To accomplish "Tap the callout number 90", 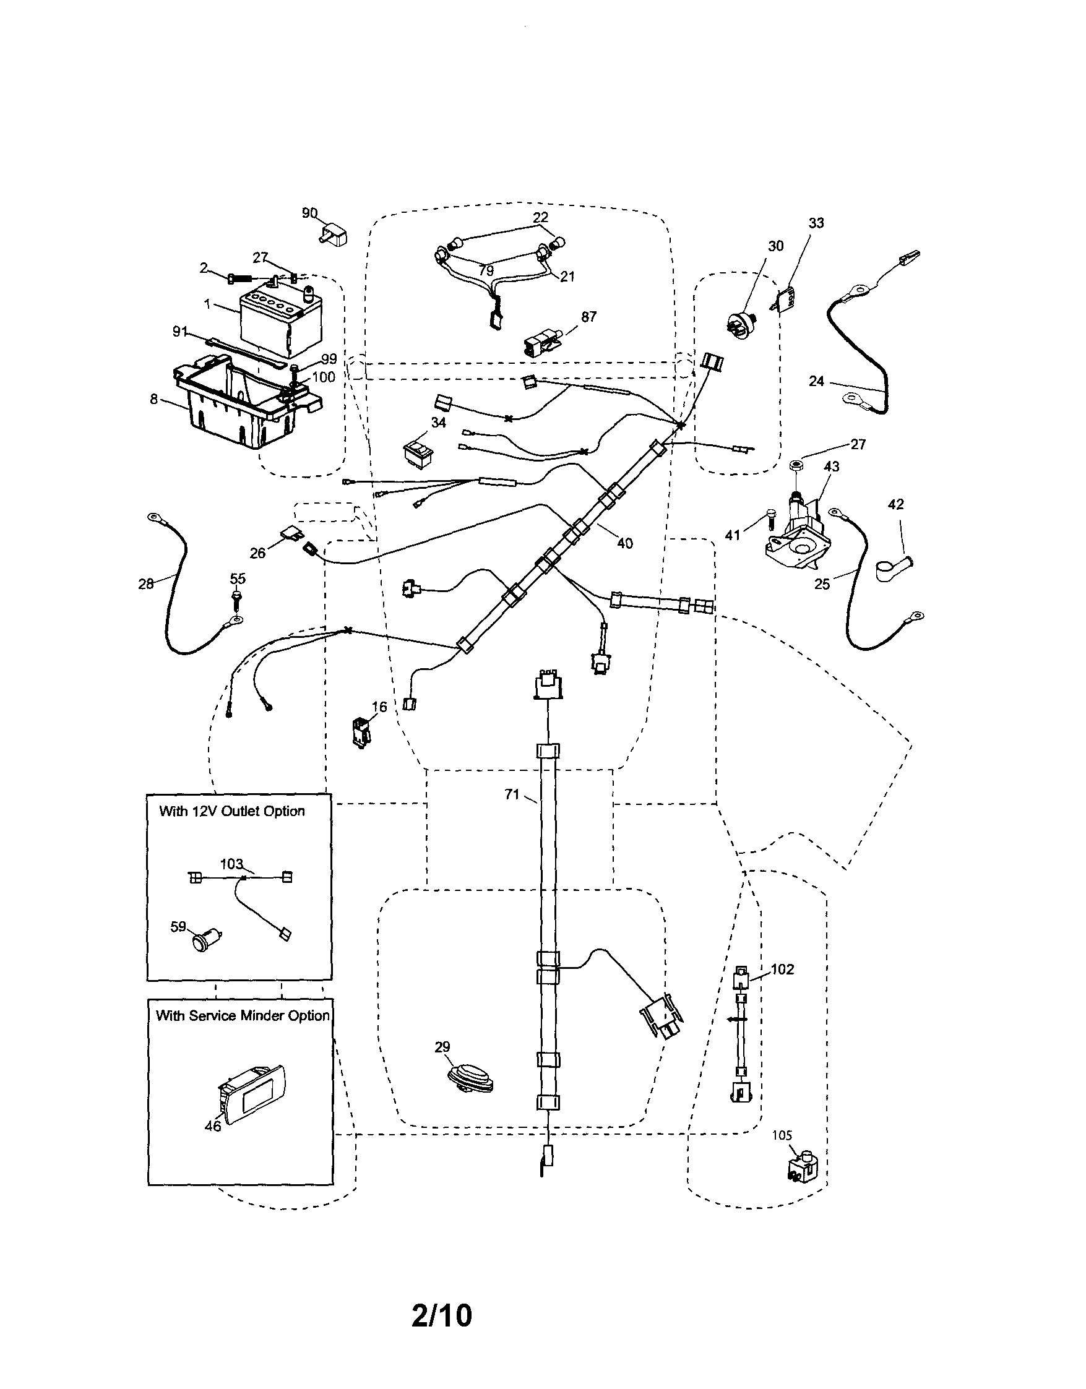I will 310,213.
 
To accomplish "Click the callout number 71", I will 512,794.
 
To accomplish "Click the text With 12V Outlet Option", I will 232,812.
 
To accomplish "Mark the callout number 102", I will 783,970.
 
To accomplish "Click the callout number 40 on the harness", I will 625,543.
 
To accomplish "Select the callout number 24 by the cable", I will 816,381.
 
